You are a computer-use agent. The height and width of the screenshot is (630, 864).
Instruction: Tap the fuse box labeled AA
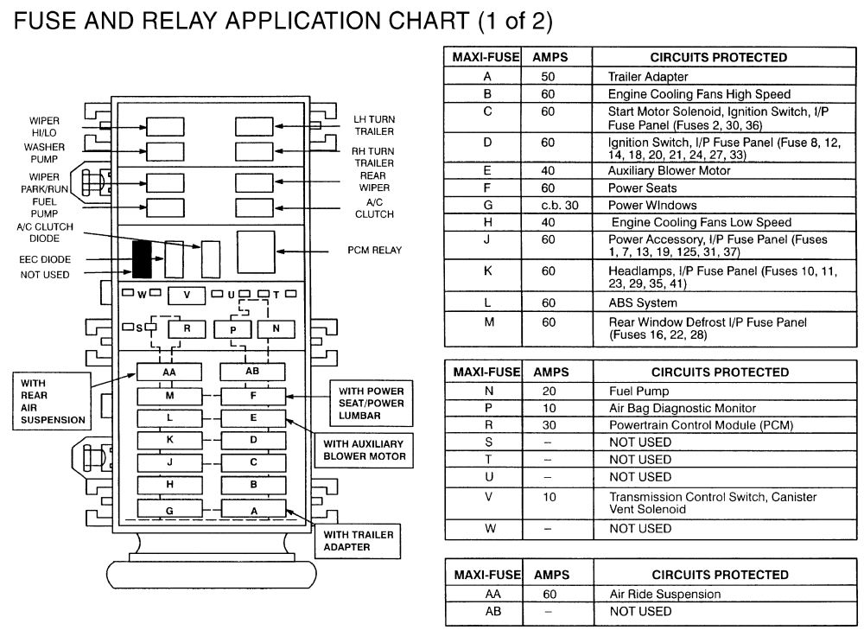(168, 372)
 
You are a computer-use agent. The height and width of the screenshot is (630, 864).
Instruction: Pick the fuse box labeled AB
(252, 372)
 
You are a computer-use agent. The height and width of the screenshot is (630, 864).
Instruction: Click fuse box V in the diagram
(187, 295)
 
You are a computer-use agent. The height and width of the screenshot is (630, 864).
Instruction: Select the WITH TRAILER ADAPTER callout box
(359, 540)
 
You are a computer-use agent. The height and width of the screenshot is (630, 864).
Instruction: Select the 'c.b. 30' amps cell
(550, 205)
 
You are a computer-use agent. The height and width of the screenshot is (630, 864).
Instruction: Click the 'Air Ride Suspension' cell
(664, 594)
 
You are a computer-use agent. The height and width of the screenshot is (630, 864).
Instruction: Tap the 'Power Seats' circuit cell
(642, 188)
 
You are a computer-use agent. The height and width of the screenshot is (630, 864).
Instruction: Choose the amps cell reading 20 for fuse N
(550, 391)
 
